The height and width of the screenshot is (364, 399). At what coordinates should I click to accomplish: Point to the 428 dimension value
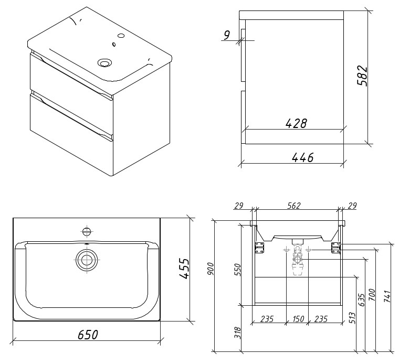[296, 123]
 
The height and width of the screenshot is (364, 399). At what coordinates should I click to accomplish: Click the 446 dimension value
[302, 157]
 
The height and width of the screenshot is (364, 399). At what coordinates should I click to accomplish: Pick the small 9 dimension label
[227, 35]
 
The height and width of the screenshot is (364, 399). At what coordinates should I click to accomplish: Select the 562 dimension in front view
[294, 206]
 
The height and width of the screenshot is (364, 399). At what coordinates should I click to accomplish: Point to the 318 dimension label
[236, 333]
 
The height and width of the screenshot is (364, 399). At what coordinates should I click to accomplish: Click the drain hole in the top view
[86, 259]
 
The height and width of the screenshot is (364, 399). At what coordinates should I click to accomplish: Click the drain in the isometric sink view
[106, 63]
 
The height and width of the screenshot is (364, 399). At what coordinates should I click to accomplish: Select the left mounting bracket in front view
[259, 247]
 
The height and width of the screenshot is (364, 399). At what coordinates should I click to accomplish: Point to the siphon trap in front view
[298, 260]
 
